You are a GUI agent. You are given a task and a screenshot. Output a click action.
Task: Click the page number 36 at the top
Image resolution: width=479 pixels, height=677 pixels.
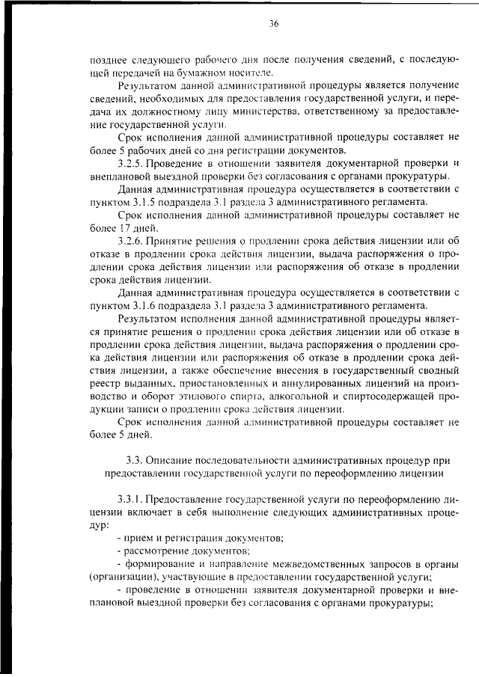click(x=274, y=24)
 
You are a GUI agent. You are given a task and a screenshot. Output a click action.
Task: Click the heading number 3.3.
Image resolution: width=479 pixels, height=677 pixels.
click(x=133, y=459)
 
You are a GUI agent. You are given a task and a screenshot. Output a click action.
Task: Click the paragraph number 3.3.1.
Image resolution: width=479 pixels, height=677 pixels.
click(x=132, y=499)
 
